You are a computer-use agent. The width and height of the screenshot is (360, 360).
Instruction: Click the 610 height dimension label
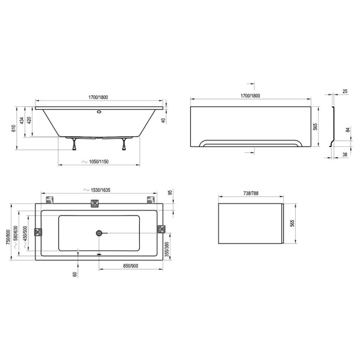click(x=14, y=128)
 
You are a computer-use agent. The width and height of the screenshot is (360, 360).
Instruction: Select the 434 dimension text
click(x=22, y=121)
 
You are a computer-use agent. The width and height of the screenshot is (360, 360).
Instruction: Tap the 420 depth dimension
click(x=29, y=121)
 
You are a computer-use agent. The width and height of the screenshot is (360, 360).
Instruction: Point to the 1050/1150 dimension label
click(x=99, y=161)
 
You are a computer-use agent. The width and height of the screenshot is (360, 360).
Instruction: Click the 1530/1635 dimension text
click(x=101, y=190)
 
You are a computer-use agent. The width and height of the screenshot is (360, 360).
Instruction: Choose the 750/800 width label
click(x=8, y=237)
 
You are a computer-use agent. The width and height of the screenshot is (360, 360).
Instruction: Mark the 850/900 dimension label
click(x=131, y=266)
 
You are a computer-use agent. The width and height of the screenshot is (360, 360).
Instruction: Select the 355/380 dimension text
click(x=167, y=249)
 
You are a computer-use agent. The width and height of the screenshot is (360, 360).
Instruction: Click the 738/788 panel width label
click(x=251, y=194)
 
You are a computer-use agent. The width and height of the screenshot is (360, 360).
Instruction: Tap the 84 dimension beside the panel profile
click(x=348, y=130)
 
